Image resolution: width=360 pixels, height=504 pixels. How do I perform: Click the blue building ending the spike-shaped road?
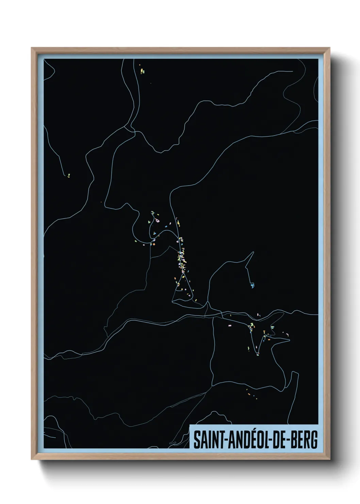click(252, 285)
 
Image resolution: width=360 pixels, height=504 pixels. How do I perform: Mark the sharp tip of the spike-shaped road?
click(253, 252)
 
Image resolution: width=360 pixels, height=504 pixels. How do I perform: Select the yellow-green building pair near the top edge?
click(142, 71)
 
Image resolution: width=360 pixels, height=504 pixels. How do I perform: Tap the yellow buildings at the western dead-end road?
click(68, 176)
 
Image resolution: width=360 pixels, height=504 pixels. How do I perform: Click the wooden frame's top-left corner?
click(32, 48)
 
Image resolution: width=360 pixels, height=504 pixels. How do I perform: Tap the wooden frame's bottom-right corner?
click(330, 460)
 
